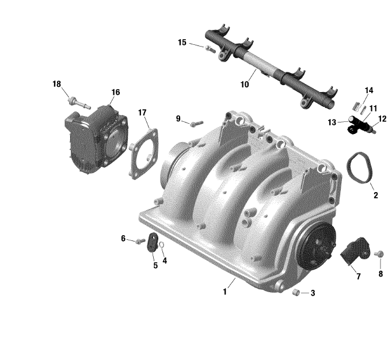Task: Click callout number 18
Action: [56, 84]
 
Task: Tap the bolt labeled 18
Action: [79, 104]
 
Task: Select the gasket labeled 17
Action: [144, 154]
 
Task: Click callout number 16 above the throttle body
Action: [116, 93]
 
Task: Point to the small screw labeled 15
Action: [210, 49]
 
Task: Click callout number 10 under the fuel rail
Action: [245, 85]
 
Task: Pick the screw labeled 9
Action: [196, 124]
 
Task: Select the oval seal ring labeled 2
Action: [359, 168]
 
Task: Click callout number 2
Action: [376, 196]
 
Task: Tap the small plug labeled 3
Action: [296, 292]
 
